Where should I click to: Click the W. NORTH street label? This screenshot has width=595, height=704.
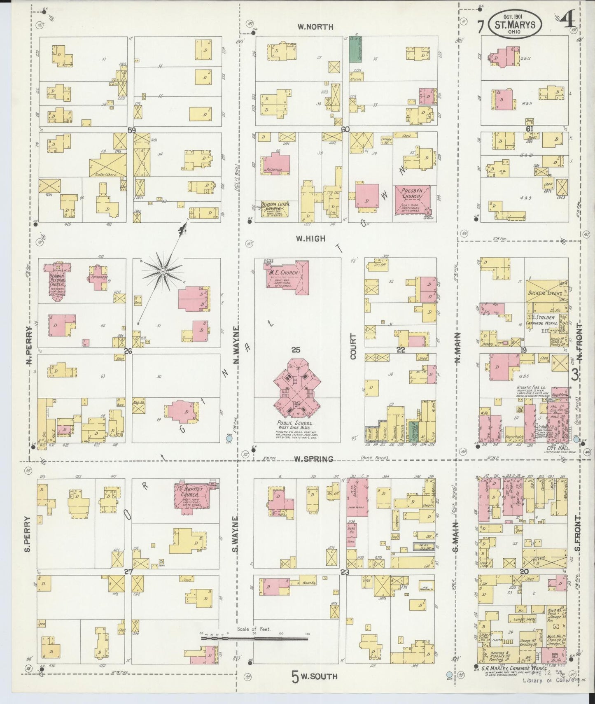coord(315,27)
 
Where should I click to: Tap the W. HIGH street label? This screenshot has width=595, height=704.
coord(311,238)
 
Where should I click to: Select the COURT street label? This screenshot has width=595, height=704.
coord(353,347)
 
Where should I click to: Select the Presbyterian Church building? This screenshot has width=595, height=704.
coord(413,200)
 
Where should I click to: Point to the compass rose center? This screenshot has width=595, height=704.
coord(163,272)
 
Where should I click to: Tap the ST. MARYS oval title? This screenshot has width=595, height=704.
coord(515,25)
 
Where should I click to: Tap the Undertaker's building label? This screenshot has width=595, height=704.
coord(106,174)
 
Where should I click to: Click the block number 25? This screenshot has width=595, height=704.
coord(296,350)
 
